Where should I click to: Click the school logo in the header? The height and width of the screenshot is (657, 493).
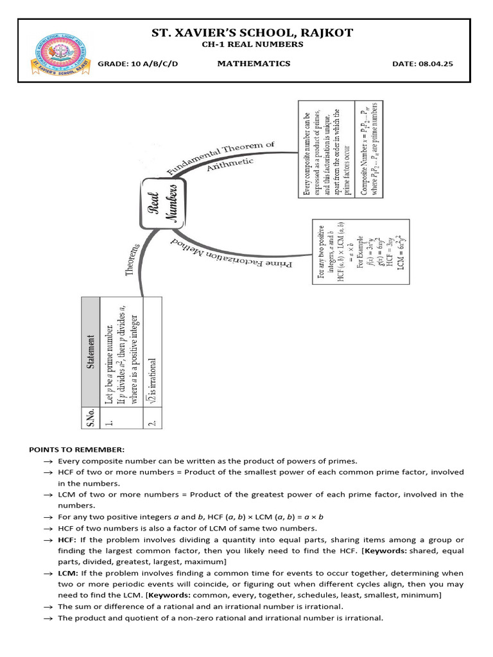click(58, 51)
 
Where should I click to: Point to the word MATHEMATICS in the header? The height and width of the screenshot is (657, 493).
click(254, 64)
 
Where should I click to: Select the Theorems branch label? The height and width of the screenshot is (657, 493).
click(133, 260)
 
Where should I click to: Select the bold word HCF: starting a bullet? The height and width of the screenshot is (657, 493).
click(67, 540)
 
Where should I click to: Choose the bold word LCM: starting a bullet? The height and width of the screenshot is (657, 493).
click(67, 572)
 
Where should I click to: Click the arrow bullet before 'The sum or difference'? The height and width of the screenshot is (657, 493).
click(48, 606)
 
